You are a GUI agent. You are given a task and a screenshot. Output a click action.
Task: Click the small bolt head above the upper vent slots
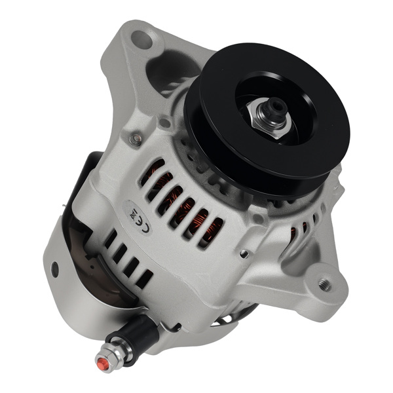(136, 139)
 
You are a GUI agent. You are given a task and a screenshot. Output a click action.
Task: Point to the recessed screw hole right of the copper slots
(244, 254)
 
